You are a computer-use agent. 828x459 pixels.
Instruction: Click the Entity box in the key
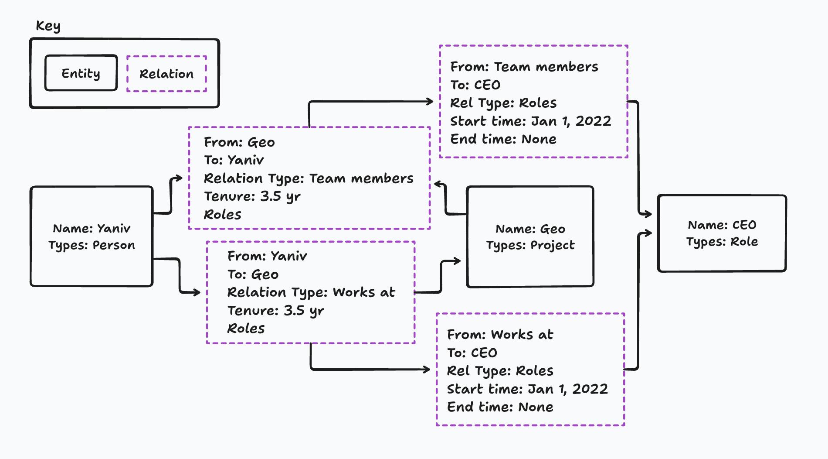81,73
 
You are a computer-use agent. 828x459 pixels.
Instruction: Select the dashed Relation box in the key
166,74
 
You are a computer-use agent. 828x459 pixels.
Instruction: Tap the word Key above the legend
48,26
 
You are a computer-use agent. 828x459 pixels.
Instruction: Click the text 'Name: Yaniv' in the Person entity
92,229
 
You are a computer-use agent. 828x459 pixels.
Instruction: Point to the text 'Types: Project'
530,245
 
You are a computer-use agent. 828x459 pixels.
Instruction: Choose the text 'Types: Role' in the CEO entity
722,242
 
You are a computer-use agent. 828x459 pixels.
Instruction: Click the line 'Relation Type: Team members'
309,178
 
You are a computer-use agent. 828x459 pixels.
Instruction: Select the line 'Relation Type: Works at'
311,292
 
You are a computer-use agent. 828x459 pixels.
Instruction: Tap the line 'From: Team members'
524,67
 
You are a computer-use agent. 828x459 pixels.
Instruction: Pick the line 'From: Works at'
500,335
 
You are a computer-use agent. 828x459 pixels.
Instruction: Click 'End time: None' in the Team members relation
503,139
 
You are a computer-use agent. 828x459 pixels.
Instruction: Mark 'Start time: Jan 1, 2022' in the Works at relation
527,389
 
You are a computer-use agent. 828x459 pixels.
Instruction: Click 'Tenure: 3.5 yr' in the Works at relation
275,311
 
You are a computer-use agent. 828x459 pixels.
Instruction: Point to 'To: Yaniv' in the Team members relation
234,160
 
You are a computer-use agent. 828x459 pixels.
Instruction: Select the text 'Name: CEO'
722,225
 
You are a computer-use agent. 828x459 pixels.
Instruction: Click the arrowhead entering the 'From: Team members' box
431,102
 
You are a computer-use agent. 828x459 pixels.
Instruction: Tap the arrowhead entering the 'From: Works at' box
427,370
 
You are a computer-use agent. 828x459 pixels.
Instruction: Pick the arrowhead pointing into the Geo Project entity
457,261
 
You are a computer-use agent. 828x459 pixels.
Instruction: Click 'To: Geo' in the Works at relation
253,274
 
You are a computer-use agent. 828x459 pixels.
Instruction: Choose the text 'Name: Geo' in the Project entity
530,229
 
